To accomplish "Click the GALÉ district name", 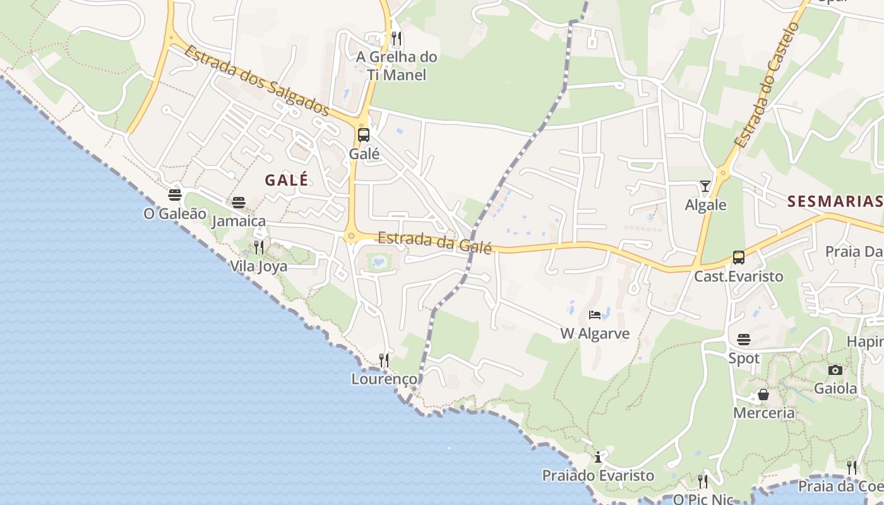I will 287,180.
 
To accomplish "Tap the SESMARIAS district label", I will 834,201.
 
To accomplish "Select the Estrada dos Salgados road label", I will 256,80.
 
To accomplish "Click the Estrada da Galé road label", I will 434,242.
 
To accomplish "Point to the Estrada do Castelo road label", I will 767,85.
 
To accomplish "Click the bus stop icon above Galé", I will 364,134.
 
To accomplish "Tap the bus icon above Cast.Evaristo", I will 739,258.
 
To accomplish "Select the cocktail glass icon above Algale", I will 705,186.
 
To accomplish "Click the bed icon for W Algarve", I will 595,314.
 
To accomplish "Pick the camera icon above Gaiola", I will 835,370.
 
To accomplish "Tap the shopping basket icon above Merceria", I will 763,395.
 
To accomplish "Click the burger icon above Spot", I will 744,340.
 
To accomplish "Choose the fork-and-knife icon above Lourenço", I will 384,360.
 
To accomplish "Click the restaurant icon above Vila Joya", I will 259,247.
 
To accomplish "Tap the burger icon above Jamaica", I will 239,203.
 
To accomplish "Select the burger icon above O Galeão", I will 175,195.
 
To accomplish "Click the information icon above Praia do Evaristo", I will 598,457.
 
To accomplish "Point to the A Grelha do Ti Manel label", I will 397,66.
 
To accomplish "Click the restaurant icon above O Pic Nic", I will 703,481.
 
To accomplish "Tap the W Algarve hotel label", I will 595,333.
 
